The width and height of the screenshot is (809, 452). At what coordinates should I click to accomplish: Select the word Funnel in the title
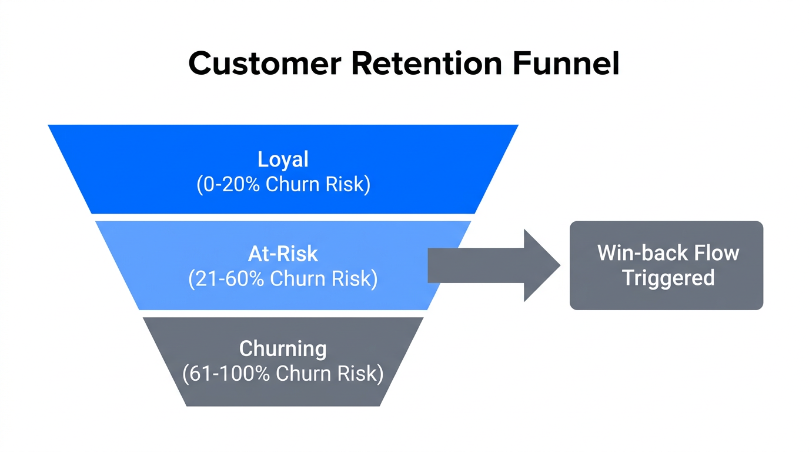pyautogui.click(x=566, y=64)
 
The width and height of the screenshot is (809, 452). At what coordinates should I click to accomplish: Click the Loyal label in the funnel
pyautogui.click(x=283, y=159)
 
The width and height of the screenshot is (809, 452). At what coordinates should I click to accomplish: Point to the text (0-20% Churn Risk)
pyautogui.click(x=283, y=185)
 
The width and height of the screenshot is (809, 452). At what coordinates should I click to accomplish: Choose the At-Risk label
pyautogui.click(x=283, y=254)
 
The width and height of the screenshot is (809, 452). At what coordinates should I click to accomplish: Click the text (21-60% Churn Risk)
pyautogui.click(x=283, y=279)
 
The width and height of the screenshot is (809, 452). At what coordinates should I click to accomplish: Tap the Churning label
pyautogui.click(x=283, y=348)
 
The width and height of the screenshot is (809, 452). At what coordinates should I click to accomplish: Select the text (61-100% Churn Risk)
pyautogui.click(x=283, y=374)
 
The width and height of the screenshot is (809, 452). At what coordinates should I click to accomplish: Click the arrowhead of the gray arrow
pyautogui.click(x=541, y=265)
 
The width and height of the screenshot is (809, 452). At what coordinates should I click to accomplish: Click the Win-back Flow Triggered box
pyautogui.click(x=666, y=265)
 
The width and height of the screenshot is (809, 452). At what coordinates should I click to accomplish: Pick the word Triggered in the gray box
pyautogui.click(x=668, y=278)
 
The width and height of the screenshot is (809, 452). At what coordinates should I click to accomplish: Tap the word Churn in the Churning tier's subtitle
pyautogui.click(x=301, y=374)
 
